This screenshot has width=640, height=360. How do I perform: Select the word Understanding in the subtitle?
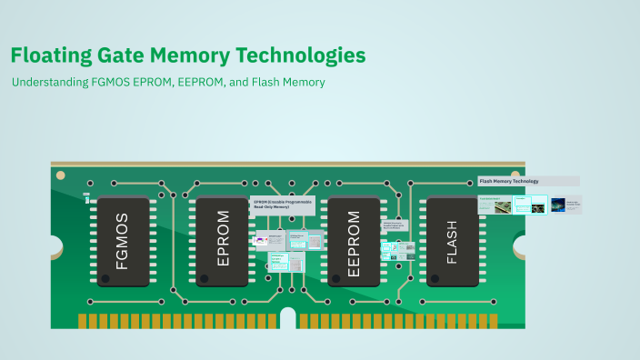(x=50, y=82)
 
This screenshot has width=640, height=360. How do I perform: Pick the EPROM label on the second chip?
(x=223, y=241)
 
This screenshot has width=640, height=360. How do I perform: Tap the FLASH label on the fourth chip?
(x=453, y=242)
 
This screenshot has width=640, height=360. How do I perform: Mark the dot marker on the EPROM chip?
(x=205, y=278)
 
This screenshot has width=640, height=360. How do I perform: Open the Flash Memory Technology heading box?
(x=528, y=181)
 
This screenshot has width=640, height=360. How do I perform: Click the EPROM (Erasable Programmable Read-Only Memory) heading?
(x=283, y=205)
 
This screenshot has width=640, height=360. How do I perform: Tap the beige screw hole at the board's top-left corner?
(x=61, y=175)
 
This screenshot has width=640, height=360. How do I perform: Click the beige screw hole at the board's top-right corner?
(x=515, y=175)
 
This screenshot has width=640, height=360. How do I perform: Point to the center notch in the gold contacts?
(x=288, y=319)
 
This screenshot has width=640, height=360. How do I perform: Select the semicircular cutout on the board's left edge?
(x=55, y=245)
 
